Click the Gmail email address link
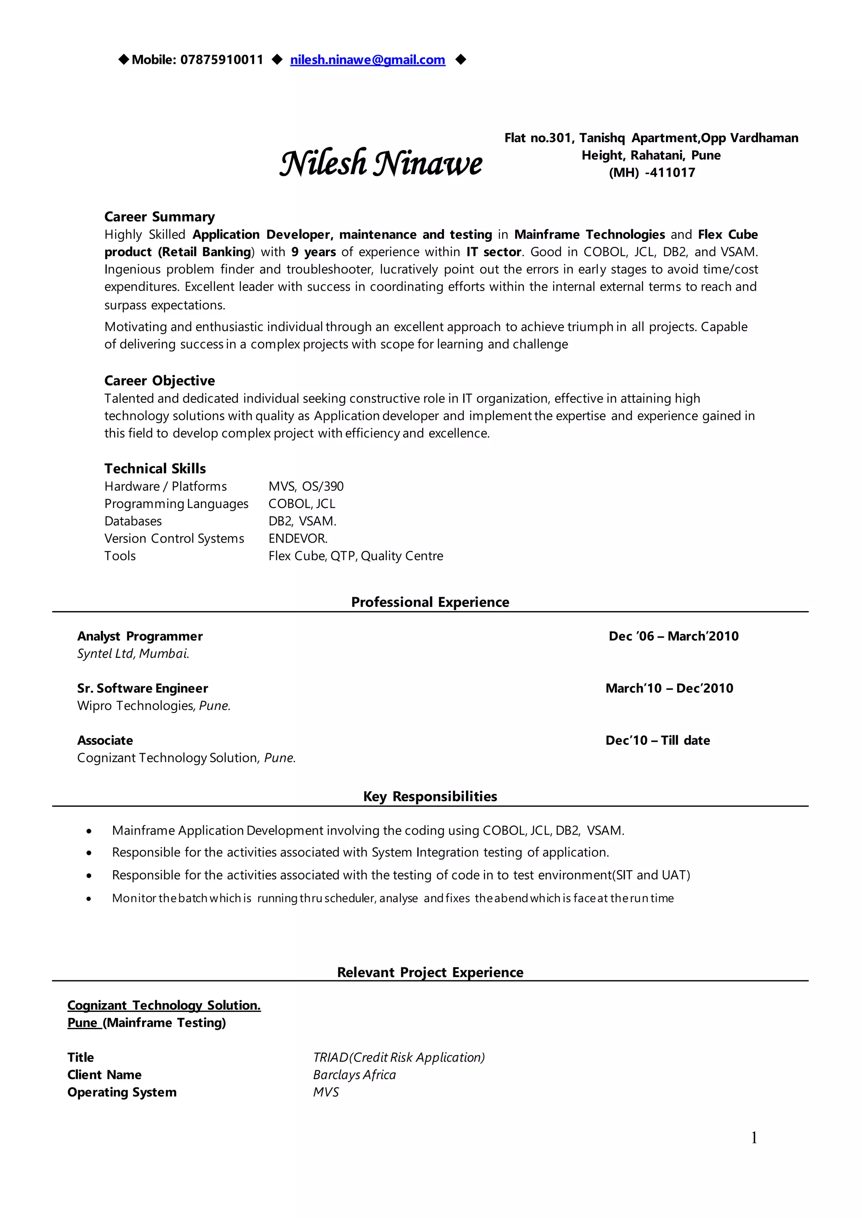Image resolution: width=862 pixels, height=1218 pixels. coord(367,60)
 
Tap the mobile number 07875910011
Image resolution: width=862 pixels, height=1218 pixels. coord(221,60)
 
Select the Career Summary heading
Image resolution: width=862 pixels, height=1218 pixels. coord(159,217)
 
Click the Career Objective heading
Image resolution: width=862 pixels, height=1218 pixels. coord(159,381)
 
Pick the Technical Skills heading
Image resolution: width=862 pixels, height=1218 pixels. coord(155,469)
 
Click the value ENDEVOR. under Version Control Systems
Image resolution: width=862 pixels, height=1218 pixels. coord(298,539)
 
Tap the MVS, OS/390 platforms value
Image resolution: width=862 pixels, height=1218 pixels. coord(306,487)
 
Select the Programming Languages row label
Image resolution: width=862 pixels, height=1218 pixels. coord(176,504)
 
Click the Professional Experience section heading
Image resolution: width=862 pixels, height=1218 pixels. coord(430,603)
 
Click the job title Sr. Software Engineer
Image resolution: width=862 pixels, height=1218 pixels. coord(142,688)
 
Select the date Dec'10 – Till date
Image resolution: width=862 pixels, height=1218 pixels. coord(657,741)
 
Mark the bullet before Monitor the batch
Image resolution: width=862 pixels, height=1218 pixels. coord(89,899)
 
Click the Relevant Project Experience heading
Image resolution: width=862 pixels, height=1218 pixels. coord(430,973)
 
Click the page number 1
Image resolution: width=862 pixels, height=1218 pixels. coord(754,1139)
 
